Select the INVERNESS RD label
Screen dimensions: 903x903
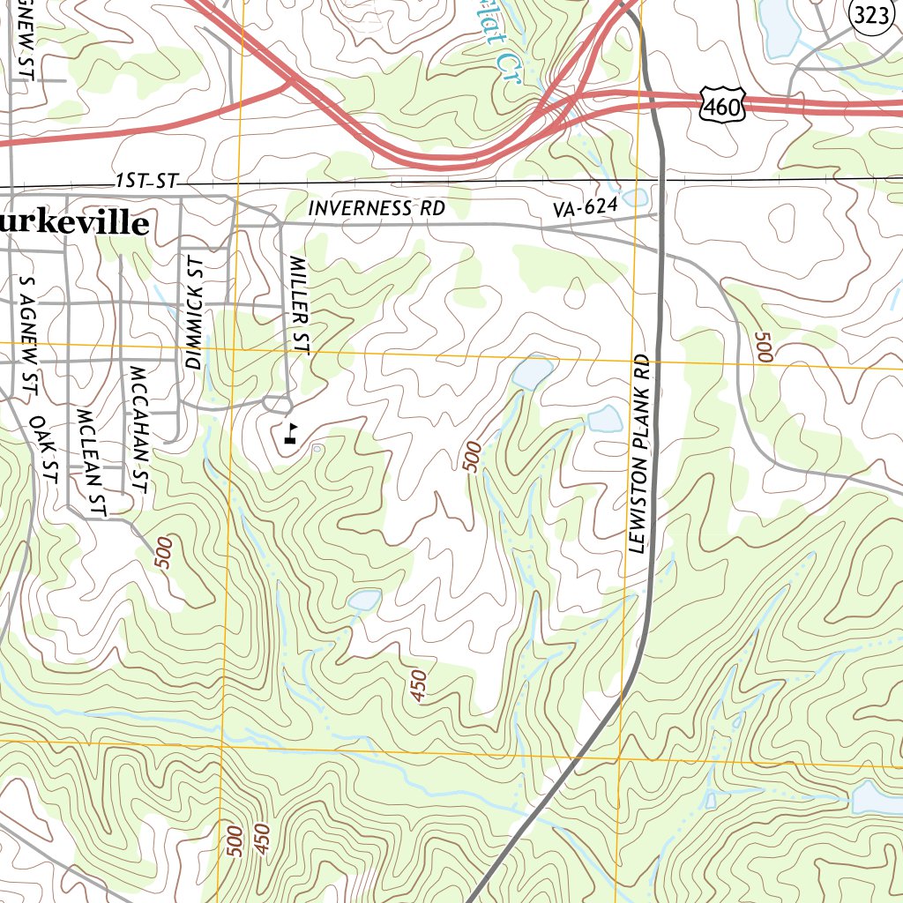[x=377, y=209]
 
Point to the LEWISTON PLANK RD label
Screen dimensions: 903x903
[x=639, y=454]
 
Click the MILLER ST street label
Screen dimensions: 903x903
[x=300, y=305]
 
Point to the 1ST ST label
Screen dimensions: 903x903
[x=146, y=182]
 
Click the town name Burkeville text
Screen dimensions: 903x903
[x=74, y=224]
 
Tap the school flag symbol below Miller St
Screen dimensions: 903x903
[x=290, y=432]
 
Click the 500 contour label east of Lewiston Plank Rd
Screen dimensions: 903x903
[x=764, y=346]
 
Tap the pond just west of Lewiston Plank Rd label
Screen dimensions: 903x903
[x=605, y=418]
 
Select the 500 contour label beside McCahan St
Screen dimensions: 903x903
[x=165, y=553]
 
